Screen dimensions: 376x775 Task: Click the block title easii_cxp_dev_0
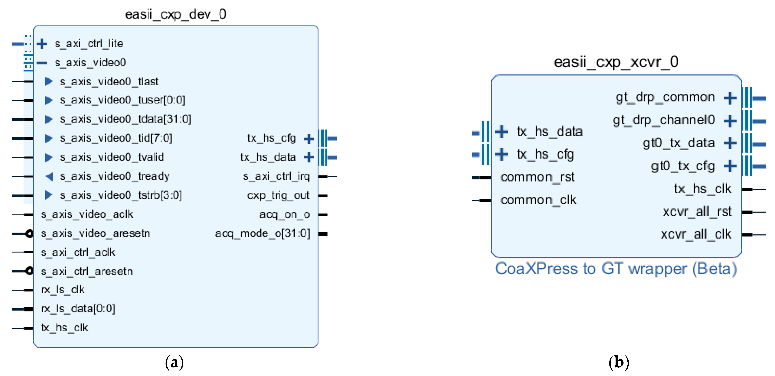[175, 14]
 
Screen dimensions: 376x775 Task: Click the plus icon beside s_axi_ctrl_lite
[42, 44]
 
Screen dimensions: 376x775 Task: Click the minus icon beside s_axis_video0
[42, 63]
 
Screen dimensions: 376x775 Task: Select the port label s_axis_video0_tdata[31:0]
[125, 119]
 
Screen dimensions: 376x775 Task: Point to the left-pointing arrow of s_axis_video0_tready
[49, 176]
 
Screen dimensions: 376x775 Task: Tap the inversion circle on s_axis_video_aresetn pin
[30, 234]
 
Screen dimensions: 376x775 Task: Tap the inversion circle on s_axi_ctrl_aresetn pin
[30, 271]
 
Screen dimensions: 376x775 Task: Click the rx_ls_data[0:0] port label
[78, 309]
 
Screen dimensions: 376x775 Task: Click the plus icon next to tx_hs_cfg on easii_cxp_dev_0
[309, 139]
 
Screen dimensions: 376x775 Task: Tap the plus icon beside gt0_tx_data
[730, 143]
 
